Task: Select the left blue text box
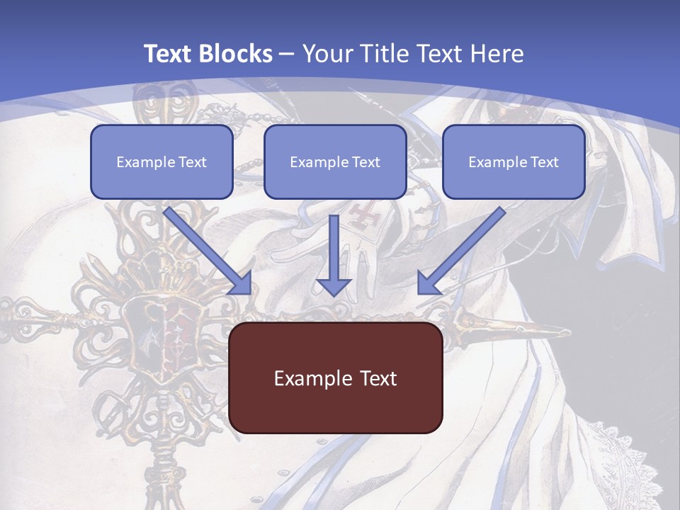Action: [161, 161]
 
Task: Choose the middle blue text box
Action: [335, 161]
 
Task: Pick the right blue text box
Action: [514, 161]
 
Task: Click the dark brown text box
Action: [335, 378]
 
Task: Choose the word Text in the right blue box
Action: [544, 162]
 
